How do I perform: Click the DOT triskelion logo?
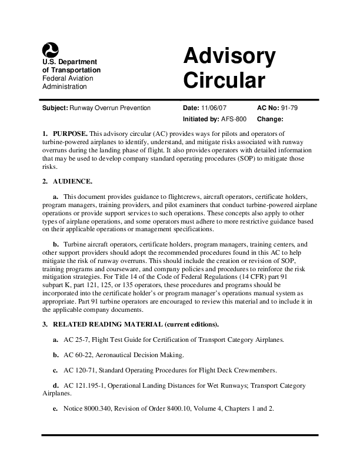[x=50, y=51]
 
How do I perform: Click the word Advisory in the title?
[x=229, y=57]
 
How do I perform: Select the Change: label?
[x=272, y=118]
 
